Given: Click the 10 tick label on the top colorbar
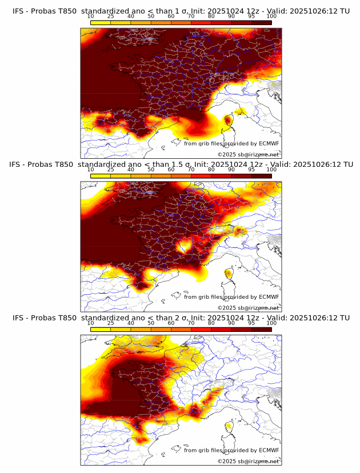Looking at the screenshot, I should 91,16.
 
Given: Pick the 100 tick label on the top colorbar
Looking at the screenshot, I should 271,16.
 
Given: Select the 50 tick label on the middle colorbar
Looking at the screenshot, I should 151,170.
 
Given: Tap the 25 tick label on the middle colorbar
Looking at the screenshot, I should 110,170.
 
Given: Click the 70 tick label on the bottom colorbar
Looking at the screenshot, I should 191,323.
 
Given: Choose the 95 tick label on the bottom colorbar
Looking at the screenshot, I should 251,323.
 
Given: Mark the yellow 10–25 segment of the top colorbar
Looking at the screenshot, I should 101,22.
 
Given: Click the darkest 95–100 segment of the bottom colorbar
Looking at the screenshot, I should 262,329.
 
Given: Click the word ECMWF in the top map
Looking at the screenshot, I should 269,143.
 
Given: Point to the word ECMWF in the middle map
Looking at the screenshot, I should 269,296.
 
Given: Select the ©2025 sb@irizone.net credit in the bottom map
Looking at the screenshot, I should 248,461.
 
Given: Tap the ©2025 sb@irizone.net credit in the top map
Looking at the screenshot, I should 248,155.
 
